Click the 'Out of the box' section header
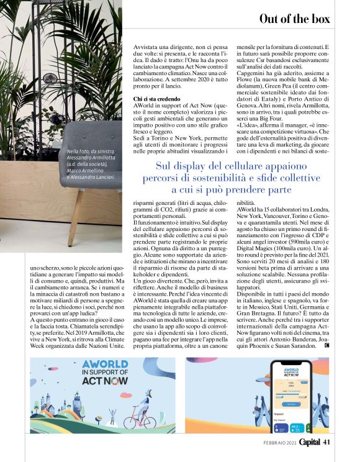[294, 19]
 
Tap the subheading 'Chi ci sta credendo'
[158, 99]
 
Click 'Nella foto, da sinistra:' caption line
[92, 152]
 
